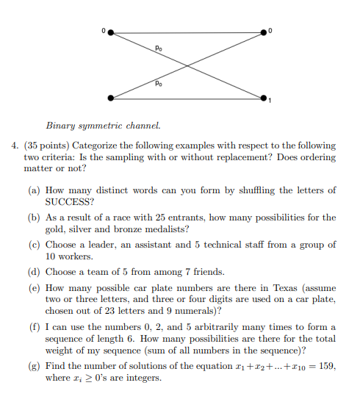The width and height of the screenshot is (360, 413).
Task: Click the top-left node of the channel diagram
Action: tap(111, 32)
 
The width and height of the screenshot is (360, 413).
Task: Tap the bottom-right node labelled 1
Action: tap(264, 97)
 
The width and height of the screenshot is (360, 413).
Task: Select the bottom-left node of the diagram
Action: tap(111, 97)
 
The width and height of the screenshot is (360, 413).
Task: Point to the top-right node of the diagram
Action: tap(264, 32)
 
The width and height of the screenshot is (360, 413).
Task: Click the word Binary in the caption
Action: tap(61, 127)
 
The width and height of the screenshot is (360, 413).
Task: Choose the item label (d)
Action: tap(34, 272)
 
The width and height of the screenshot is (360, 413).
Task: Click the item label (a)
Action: tap(34, 190)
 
